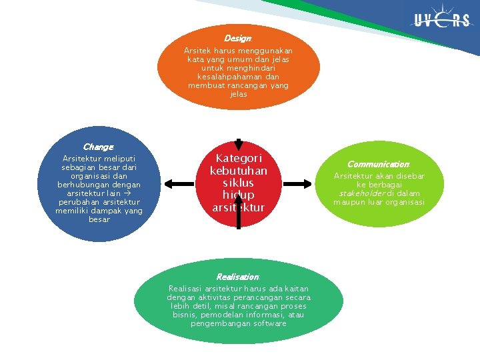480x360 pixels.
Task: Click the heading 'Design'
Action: point(237,39)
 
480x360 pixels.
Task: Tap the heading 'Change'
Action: point(98,147)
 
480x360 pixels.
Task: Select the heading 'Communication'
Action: point(378,164)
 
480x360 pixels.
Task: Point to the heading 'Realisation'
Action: point(237,277)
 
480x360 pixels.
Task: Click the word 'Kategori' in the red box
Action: point(239,159)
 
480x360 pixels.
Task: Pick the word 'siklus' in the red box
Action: point(239,183)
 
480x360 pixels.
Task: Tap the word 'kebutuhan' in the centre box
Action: point(239,171)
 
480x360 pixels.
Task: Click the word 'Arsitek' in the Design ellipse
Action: point(197,51)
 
